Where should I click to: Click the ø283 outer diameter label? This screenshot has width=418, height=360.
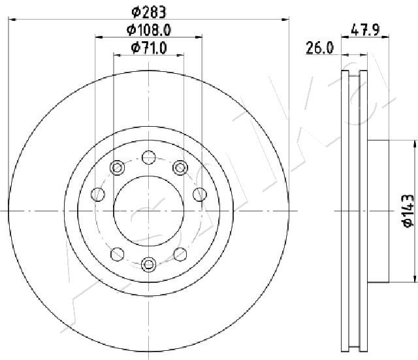pos(149,12)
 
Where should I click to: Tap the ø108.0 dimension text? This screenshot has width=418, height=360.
pos(148,30)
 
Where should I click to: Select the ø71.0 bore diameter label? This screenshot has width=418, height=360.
pos(149,48)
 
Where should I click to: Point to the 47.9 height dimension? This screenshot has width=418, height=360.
pos(364,29)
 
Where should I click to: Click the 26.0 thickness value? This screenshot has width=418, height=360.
pos(320,48)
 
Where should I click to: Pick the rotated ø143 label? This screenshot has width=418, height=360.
pos(408,210)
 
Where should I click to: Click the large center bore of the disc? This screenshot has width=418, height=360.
pos(149,210)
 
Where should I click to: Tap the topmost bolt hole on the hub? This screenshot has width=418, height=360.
pos(149,157)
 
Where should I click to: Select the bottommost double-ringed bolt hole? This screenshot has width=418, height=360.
pos(148,264)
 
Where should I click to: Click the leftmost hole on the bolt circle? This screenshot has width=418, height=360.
pos(98,195)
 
